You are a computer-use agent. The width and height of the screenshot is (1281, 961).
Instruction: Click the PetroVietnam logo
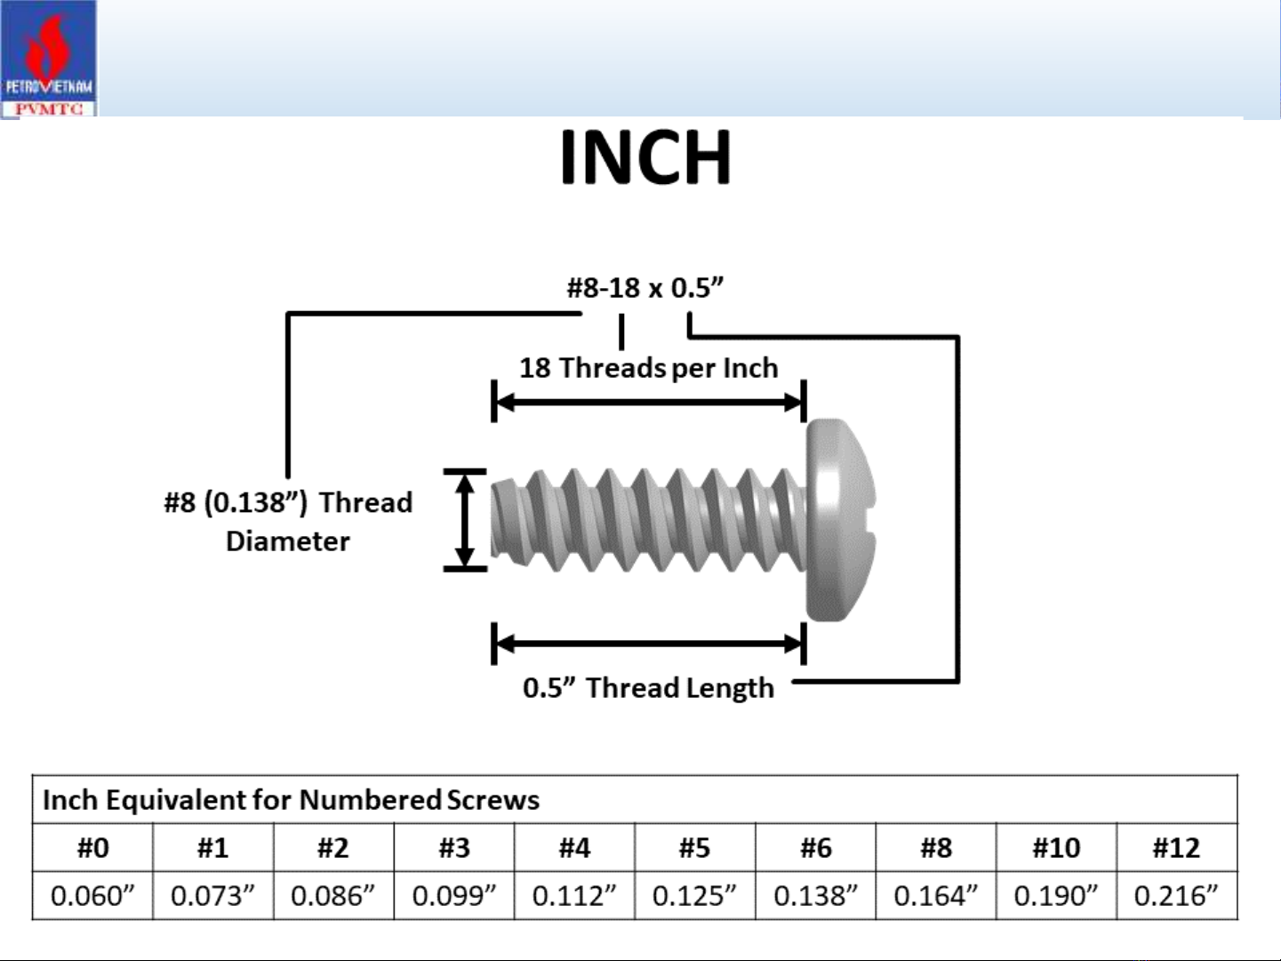coord(48,59)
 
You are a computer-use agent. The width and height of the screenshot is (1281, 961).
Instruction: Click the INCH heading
coord(645,157)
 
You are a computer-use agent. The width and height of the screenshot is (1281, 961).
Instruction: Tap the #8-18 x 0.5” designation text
coord(645,288)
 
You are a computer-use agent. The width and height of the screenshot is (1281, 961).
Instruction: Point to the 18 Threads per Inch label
coord(648,369)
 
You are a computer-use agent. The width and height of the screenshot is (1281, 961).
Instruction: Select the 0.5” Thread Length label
coord(648,688)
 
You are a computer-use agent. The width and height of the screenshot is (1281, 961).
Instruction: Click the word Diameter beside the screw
coord(288,541)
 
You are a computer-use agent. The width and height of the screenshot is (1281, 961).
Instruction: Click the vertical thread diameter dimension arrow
coord(465,519)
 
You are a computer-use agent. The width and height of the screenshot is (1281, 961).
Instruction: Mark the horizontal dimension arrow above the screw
coord(649,402)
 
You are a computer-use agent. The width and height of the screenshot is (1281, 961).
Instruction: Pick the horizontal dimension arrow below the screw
coord(649,644)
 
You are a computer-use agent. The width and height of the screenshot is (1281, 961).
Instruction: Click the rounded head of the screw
coord(840,519)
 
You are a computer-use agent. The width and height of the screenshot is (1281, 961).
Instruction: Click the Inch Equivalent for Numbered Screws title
coord(291,800)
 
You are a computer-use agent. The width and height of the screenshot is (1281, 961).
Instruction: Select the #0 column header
coord(92,848)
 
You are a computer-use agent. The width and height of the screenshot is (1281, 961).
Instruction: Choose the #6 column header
coord(816,848)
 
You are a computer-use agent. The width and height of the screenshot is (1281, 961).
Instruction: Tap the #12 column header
coord(1176,848)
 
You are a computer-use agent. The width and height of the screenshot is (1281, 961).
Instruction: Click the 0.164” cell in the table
coord(935,896)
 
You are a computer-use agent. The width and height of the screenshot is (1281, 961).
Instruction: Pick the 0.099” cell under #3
coord(454,896)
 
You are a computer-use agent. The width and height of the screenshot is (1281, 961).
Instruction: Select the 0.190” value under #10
coord(1056,896)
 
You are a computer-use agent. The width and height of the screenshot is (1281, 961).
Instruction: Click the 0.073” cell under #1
coord(213,896)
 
